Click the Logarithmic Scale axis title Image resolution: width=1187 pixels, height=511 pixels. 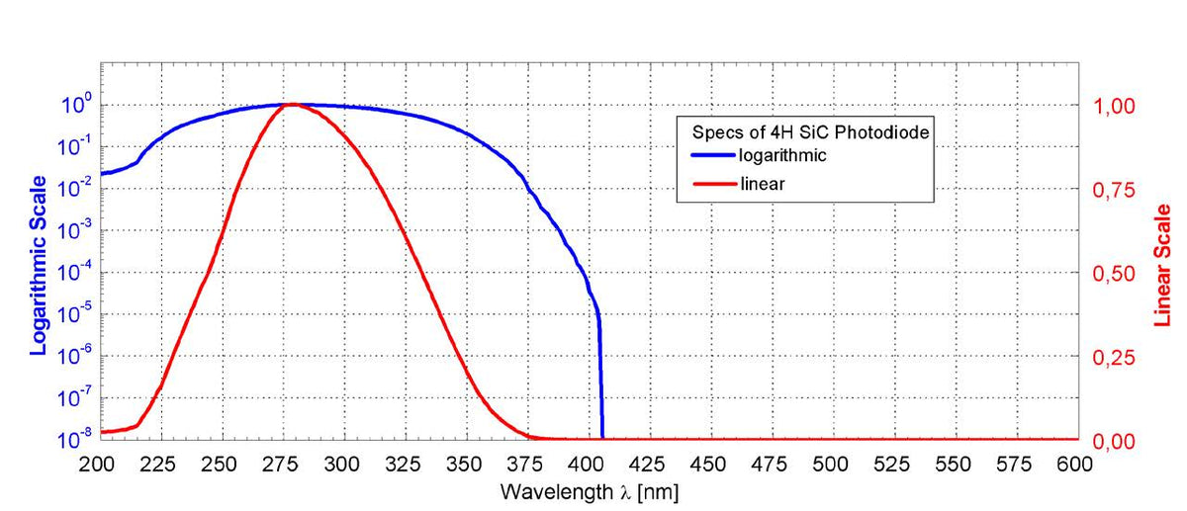tap(39, 264)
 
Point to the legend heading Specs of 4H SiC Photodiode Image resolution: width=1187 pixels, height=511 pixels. tap(805, 132)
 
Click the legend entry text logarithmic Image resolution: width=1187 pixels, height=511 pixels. tap(782, 155)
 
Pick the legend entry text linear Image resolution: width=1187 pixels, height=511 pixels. tap(763, 183)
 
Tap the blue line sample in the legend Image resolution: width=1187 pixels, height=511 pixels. tap(710, 155)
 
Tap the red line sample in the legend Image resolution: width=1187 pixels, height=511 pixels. tap(710, 183)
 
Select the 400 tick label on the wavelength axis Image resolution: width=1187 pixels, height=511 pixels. tap(588, 464)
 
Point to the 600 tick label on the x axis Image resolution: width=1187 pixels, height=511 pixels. tap(1076, 464)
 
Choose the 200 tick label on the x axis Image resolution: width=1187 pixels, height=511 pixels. tap(100, 464)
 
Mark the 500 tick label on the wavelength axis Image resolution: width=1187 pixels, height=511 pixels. tap(831, 464)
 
